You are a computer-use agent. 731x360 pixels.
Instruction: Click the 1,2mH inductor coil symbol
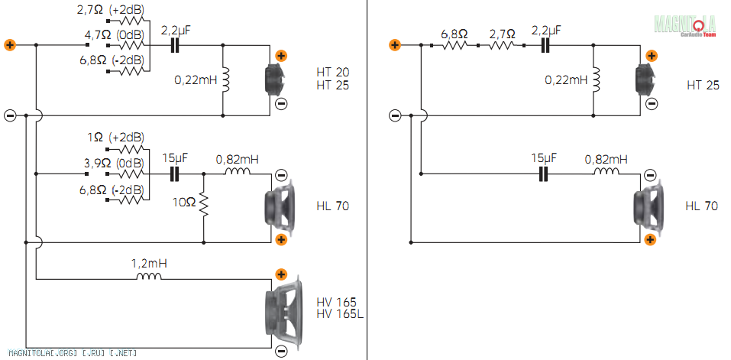pyautogui.click(x=149, y=276)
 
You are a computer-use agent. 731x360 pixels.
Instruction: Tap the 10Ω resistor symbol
pyautogui.click(x=204, y=204)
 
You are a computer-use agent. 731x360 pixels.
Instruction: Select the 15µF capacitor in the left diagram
pyautogui.click(x=174, y=174)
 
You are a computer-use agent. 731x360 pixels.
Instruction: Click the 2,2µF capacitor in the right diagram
pyautogui.click(x=545, y=45)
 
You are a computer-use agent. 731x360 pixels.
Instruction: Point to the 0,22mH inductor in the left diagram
pyautogui.click(x=225, y=79)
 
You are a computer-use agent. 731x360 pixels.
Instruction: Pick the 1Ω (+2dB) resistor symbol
pyautogui.click(x=131, y=149)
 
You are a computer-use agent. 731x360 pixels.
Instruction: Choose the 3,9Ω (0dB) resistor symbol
pyautogui.click(x=131, y=174)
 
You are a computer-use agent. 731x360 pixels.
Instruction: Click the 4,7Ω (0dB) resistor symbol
pyautogui.click(x=131, y=45)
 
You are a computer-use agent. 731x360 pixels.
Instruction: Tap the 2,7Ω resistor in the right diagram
pyautogui.click(x=501, y=45)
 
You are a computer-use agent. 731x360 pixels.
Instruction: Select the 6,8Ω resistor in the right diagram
pyautogui.click(x=454, y=45)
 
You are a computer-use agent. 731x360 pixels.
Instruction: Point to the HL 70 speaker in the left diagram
pyautogui.click(x=280, y=206)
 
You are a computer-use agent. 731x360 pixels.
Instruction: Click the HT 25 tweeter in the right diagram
pyautogui.click(x=644, y=79)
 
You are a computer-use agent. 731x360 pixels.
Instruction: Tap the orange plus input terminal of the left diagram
pyautogui.click(x=10, y=45)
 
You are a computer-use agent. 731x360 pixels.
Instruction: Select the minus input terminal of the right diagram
pyautogui.click(x=394, y=115)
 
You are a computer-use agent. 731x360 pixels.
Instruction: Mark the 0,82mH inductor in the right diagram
pyautogui.click(x=606, y=171)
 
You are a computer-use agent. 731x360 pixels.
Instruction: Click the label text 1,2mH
pyautogui.click(x=149, y=264)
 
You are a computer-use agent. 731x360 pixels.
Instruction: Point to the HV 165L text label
pyautogui.click(x=340, y=314)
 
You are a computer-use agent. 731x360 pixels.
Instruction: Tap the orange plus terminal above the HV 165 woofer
pyautogui.click(x=280, y=274)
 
